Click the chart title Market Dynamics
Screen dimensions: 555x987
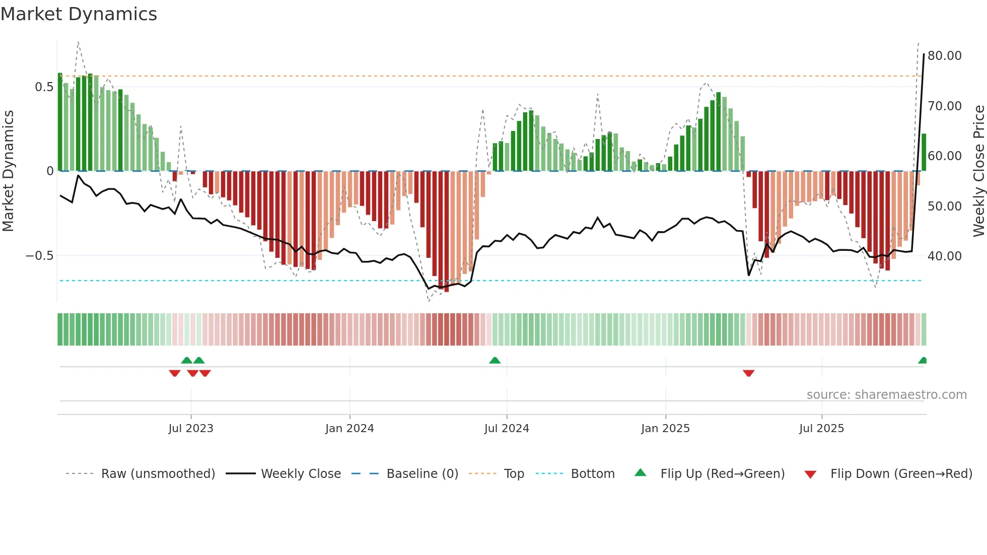pos(79,14)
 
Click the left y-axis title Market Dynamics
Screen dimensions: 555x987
pos(8,171)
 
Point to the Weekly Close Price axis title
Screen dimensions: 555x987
pos(978,171)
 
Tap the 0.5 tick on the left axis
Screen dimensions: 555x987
pos(44,87)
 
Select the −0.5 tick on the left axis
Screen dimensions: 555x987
pos(40,256)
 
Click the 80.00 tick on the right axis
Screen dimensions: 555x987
pos(944,56)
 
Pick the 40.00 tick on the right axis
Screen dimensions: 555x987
pos(944,256)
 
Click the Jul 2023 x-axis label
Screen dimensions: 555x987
pos(191,429)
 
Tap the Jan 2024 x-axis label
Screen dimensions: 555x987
pos(349,429)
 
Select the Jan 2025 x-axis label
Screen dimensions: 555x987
pos(665,429)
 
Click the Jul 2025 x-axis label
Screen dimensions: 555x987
pos(821,429)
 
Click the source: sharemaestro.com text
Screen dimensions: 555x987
pos(886,395)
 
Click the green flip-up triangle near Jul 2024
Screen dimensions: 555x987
pos(495,361)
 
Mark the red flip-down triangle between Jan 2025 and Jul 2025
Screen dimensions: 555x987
pos(748,373)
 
